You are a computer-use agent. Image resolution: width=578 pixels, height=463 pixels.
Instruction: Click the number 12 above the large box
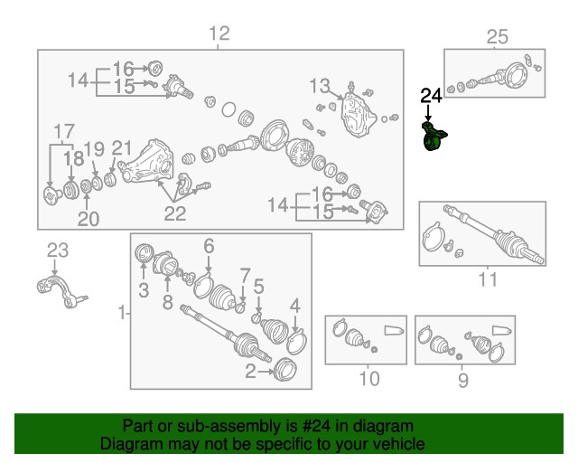[219, 34]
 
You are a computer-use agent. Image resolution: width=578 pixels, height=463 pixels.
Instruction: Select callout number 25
[498, 37]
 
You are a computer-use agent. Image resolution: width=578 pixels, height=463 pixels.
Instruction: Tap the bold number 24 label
[432, 94]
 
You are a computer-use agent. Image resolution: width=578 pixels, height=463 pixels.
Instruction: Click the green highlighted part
[434, 140]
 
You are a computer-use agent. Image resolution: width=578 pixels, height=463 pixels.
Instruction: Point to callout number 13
[321, 86]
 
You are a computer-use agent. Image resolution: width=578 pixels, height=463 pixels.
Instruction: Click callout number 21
[122, 148]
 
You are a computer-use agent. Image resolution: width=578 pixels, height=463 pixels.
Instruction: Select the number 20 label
[87, 218]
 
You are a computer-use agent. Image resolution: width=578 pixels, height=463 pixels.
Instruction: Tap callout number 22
[174, 213]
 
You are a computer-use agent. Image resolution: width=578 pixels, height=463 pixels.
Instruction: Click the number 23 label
[58, 250]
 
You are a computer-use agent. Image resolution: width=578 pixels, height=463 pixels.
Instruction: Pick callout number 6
[209, 245]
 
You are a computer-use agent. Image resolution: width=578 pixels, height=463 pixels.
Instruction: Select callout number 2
[250, 370]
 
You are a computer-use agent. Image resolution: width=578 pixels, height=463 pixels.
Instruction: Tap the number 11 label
[488, 279]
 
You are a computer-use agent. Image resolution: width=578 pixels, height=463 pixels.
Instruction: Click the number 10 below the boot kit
[368, 379]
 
